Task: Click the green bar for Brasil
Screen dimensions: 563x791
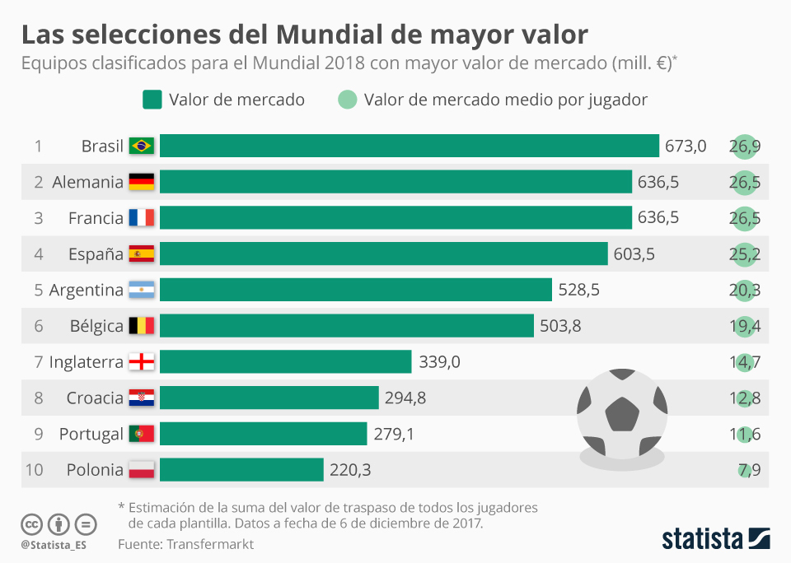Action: tap(410, 147)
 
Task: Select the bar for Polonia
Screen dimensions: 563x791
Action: tap(241, 470)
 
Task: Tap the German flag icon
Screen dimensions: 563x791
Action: tap(142, 182)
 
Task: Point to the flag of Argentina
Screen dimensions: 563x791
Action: tap(142, 290)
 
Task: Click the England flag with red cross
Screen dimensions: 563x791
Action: tap(142, 362)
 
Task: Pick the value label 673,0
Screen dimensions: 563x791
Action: tap(686, 147)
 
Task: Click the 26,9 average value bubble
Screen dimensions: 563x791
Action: tap(745, 147)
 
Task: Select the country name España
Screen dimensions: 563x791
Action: tap(96, 254)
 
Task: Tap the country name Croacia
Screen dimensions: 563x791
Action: tap(95, 398)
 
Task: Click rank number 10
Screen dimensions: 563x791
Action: tap(34, 470)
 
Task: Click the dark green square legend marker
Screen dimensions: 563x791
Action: tap(152, 100)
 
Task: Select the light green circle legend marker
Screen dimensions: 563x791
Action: tap(348, 100)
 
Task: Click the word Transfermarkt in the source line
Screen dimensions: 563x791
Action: tap(210, 544)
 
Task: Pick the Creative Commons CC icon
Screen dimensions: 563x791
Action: tap(32, 523)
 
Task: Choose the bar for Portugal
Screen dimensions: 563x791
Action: tap(263, 434)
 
